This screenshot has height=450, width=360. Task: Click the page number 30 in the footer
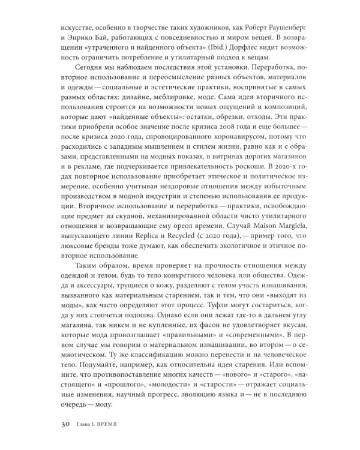coord(66,427)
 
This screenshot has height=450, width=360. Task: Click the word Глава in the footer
coord(83,428)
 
